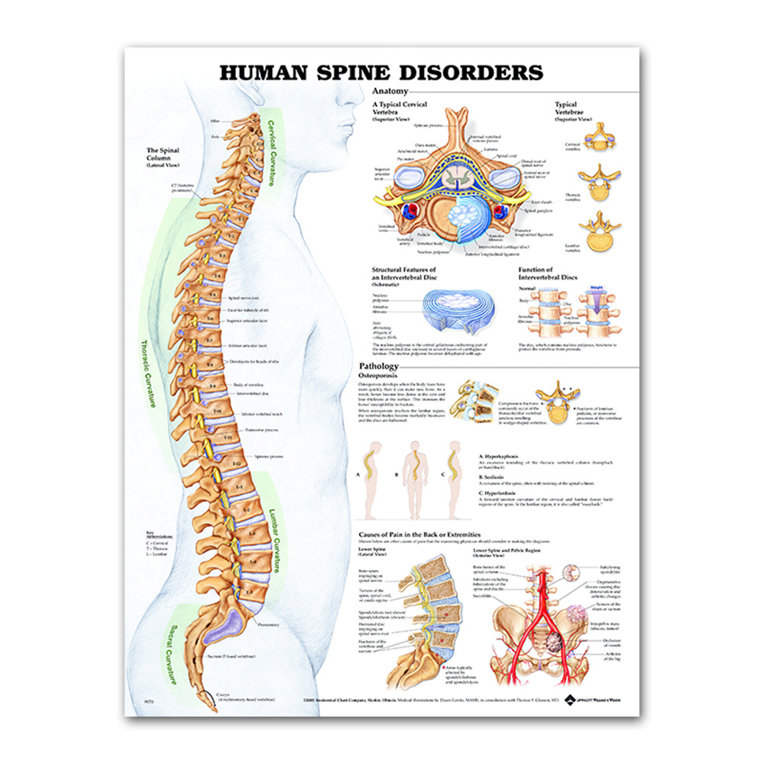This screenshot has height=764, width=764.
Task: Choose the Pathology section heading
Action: click(379, 367)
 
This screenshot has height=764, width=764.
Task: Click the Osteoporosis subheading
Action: click(383, 376)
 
